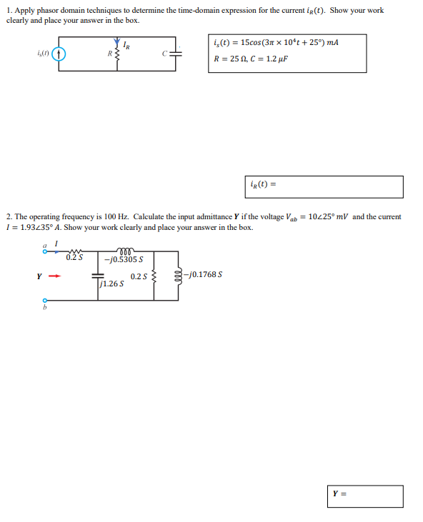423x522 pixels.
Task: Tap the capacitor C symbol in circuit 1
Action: point(175,53)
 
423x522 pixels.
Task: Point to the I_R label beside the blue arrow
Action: point(126,45)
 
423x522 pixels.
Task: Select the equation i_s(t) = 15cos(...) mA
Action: point(276,43)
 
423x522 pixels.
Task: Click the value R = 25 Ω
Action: point(232,59)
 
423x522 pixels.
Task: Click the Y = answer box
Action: point(367,496)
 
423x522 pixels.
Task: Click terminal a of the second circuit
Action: point(44,251)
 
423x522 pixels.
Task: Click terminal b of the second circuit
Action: point(44,301)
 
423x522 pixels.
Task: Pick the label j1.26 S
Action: point(112,283)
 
